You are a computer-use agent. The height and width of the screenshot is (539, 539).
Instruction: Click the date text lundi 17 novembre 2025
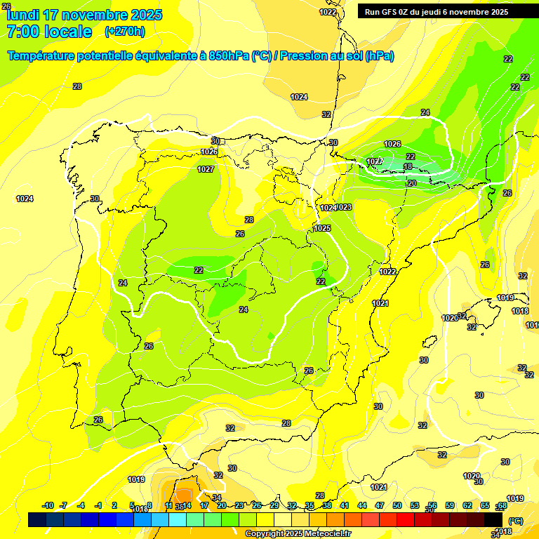click(84, 15)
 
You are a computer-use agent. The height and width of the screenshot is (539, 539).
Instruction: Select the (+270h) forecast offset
click(125, 32)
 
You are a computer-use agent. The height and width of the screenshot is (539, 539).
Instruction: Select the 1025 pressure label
click(322, 228)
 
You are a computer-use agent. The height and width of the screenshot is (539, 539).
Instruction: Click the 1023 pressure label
click(343, 207)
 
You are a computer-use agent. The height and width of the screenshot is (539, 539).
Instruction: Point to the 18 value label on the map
click(408, 166)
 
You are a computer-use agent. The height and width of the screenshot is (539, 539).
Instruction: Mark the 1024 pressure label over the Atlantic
click(25, 199)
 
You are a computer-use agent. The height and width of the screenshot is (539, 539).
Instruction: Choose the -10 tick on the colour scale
click(48, 505)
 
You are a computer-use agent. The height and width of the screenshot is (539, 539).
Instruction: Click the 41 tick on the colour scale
click(344, 505)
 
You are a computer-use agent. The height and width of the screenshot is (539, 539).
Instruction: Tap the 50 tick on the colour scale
click(397, 505)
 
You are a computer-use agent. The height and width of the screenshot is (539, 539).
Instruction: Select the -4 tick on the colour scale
click(81, 505)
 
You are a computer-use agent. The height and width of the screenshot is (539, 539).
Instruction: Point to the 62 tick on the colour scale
click(467, 505)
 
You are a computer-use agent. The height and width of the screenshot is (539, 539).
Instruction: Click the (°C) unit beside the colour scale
click(514, 520)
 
